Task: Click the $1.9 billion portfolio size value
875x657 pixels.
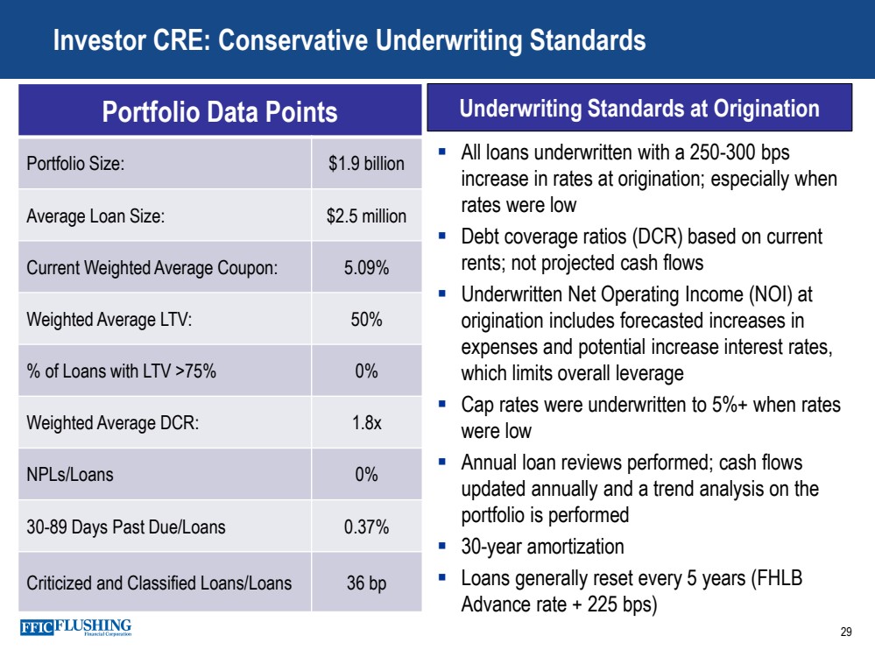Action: click(366, 164)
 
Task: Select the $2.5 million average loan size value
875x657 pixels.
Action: click(366, 215)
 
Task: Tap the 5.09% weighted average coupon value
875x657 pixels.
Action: click(366, 268)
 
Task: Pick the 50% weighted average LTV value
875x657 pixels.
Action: click(366, 320)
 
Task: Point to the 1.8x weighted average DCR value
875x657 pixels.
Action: click(366, 423)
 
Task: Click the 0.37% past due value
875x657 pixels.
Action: click(366, 527)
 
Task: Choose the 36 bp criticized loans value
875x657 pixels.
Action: click(366, 583)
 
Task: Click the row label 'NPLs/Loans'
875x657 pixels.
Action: click(70, 476)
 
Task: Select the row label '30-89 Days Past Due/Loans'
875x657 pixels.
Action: click(126, 527)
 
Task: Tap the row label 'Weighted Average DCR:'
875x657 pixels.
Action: click(113, 423)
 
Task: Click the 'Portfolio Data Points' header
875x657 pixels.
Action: click(220, 111)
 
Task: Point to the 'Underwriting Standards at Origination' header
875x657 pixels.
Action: click(639, 109)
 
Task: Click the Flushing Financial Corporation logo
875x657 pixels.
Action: click(75, 628)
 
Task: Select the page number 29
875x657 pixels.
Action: click(845, 632)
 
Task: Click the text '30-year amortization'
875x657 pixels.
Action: click(542, 547)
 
